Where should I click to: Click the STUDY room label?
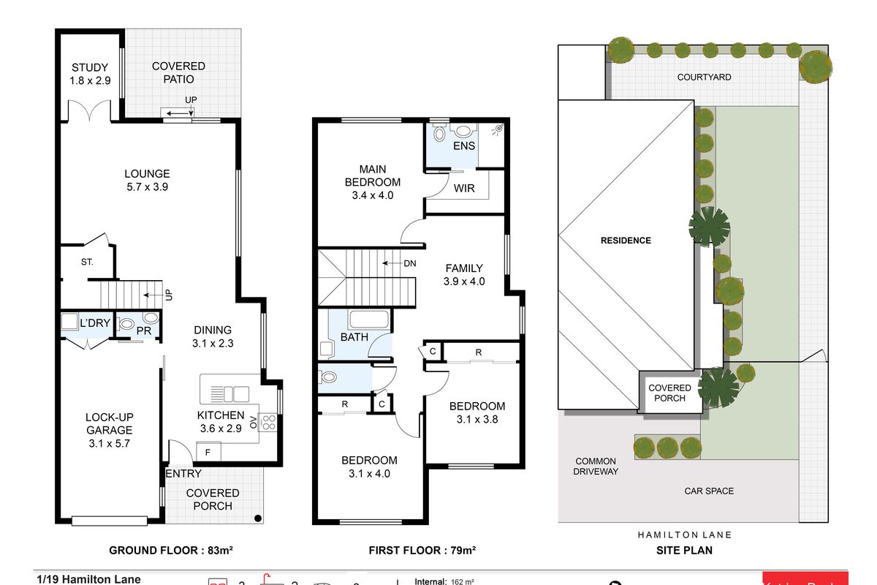tap(91, 74)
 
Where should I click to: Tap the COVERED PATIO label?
tap(178, 72)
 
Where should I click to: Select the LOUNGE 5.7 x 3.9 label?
tap(147, 180)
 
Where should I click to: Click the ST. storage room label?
tap(86, 262)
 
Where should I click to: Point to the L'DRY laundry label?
tap(94, 322)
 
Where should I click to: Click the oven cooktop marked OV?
tap(267, 422)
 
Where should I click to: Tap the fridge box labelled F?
tap(208, 453)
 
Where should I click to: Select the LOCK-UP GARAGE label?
tap(109, 430)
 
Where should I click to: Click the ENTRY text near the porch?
tap(183, 474)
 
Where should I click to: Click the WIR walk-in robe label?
tap(464, 188)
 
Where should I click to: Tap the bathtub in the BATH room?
tap(368, 320)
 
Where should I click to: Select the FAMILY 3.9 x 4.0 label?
tap(464, 274)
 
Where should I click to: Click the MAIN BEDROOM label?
tap(373, 181)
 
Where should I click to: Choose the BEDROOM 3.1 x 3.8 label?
tap(477, 412)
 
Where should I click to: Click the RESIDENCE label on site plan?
tap(625, 240)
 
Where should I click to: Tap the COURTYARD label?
tap(704, 77)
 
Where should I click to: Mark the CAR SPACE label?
tap(709, 491)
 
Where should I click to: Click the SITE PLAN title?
tap(683, 550)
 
